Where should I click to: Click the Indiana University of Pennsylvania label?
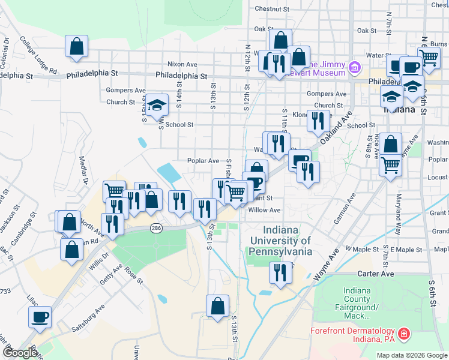click(x=280, y=241)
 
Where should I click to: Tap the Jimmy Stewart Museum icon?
click(x=355, y=67)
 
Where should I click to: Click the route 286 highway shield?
click(x=156, y=229)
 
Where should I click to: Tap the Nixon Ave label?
click(x=182, y=64)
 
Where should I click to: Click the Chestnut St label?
click(x=272, y=9)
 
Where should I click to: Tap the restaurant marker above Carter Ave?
click(x=280, y=273)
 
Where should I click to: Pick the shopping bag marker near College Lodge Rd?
click(x=77, y=46)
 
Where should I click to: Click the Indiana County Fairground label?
click(x=361, y=302)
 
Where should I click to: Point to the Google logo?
click(x=20, y=353)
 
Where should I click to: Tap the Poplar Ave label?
click(x=203, y=161)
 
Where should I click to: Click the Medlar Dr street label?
click(x=83, y=170)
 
